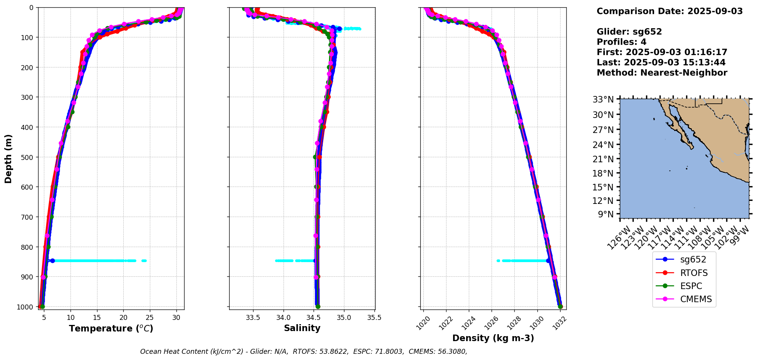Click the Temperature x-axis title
pyautogui.click(x=111, y=329)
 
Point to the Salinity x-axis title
pyautogui.click(x=302, y=328)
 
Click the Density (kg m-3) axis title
pyautogui.click(x=493, y=338)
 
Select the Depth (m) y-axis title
pyautogui.click(x=8, y=158)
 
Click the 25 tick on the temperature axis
pyautogui.click(x=150, y=318)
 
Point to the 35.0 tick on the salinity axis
pyautogui.click(x=344, y=318)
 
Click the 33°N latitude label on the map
pyautogui.click(x=603, y=100)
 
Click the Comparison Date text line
pyautogui.click(x=670, y=12)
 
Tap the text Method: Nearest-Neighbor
pyautogui.click(x=662, y=73)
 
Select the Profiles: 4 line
pyautogui.click(x=621, y=42)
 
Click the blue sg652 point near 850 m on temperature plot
pyautogui.click(x=52, y=261)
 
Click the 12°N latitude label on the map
pyautogui.click(x=603, y=201)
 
